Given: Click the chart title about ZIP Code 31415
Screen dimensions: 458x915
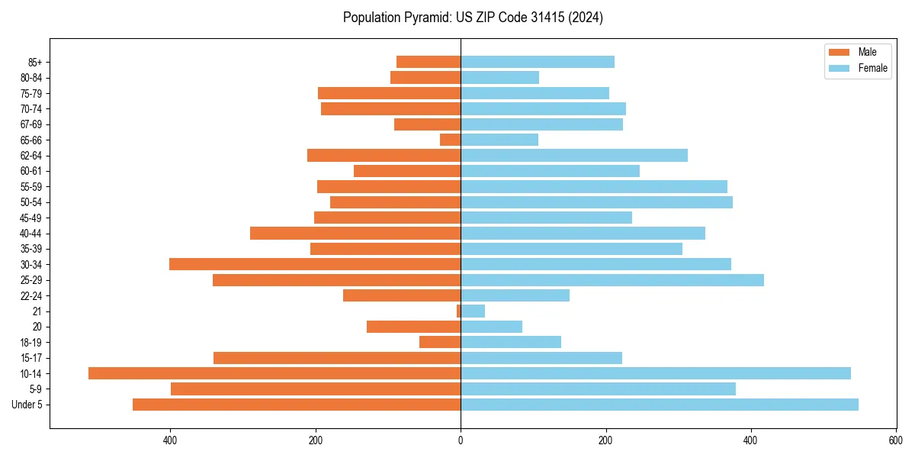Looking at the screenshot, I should [473, 18].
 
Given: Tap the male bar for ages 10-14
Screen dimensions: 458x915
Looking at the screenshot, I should [274, 373].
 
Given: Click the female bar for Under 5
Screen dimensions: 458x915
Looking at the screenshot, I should [660, 405].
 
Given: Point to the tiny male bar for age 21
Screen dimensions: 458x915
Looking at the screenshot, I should [458, 311].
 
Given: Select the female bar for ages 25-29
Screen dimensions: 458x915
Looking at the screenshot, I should [612, 280].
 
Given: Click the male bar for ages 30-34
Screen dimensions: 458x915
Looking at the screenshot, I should [315, 264].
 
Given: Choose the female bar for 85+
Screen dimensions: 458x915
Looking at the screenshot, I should [538, 62].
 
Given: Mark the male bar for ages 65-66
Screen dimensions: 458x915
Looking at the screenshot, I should [451, 140].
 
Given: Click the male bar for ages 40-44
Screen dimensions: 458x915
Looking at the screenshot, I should [355, 233].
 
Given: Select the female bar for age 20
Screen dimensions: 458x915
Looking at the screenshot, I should [491, 327].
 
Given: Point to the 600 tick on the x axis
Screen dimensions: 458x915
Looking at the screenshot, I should [896, 440].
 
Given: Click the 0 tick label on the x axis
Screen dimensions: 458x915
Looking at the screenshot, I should [461, 440].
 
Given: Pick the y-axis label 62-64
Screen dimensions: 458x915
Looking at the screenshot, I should [31, 156].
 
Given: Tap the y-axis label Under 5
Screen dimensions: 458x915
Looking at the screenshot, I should [27, 405].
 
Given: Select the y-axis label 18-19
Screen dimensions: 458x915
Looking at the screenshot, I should [31, 342].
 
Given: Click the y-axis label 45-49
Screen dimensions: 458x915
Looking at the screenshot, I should [31, 218].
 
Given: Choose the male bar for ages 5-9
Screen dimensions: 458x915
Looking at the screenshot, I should [316, 389].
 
